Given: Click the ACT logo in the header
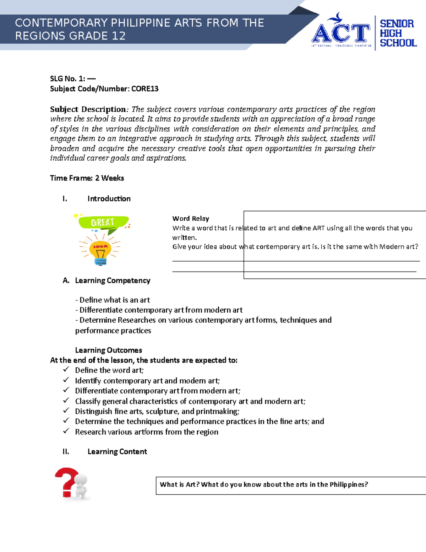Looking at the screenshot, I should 341,32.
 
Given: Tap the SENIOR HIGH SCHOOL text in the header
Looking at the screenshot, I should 397,33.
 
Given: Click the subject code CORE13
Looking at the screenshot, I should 145,89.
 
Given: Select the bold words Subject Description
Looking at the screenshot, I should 88,109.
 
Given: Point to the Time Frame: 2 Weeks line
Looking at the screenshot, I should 87,178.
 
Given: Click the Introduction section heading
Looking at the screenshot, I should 109,199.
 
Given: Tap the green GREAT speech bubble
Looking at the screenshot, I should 103,223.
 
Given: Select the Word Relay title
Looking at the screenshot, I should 191,219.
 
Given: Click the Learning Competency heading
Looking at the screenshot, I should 113,280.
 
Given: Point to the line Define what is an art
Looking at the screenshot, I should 113,300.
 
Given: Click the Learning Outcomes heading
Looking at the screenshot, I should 108,350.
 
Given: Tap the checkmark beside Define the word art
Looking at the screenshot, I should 66,370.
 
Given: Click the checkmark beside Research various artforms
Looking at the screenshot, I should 66,431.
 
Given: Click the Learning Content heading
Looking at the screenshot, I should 117,452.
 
